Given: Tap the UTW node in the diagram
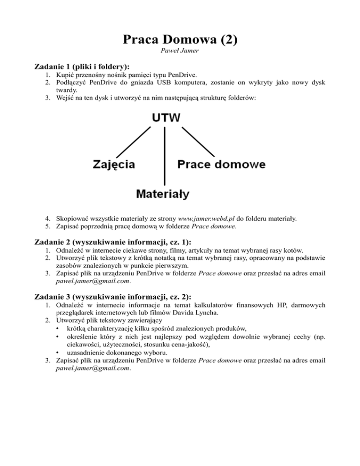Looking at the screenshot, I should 164,117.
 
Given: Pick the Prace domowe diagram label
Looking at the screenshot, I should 221,165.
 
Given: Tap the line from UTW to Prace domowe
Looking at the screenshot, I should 197,142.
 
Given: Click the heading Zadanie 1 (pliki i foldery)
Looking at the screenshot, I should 82,67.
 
